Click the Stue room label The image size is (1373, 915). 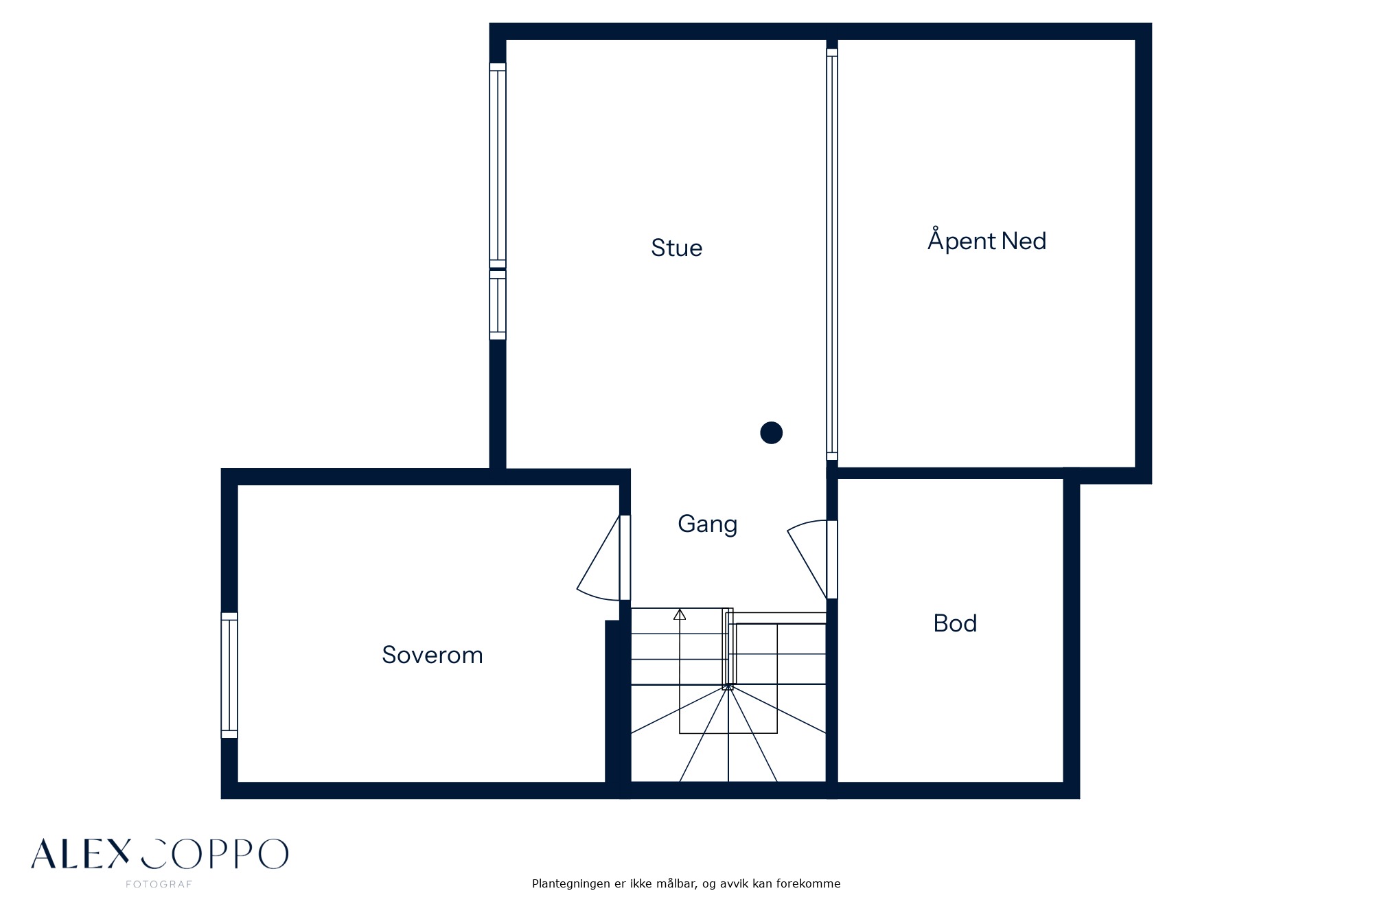[677, 248]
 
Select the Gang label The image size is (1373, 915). [708, 524]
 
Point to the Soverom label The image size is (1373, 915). [432, 655]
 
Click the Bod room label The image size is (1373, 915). [955, 623]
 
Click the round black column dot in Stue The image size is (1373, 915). [772, 433]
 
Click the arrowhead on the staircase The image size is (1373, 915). [680, 614]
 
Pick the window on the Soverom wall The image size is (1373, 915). [229, 675]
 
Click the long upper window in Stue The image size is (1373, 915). [498, 165]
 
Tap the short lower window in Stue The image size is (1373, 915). [498, 305]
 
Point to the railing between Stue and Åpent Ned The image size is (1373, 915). [832, 254]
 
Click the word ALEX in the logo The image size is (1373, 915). [80, 854]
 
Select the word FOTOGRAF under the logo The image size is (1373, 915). [159, 884]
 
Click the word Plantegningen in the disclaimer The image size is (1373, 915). [571, 884]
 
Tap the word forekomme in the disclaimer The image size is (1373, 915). [809, 884]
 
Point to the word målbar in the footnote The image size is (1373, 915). [676, 884]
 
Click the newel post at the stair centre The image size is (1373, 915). [728, 686]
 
